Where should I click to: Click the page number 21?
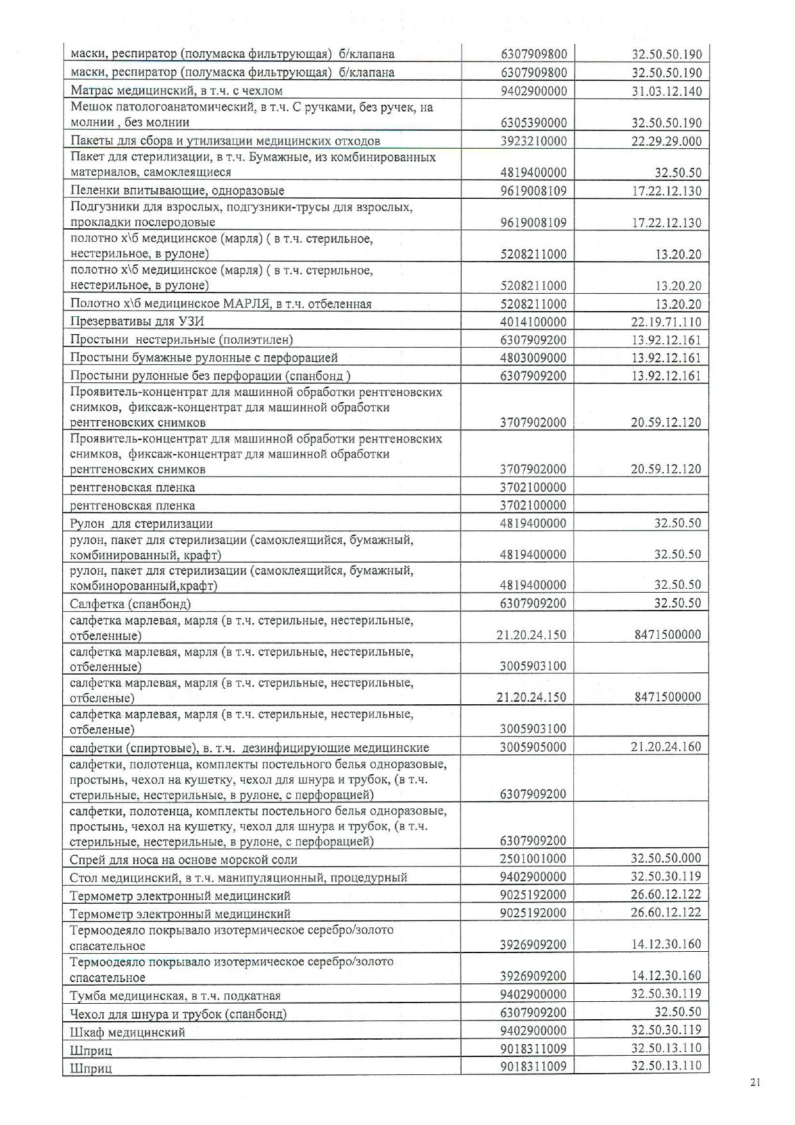click(755, 1083)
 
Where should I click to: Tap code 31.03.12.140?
click(667, 91)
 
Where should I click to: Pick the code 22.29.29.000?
click(667, 141)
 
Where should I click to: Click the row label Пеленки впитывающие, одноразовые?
click(177, 190)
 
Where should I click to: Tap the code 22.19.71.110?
click(667, 322)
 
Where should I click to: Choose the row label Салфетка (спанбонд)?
click(130, 604)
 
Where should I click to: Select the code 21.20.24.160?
click(667, 747)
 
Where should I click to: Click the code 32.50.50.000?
click(667, 858)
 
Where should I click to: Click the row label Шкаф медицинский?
click(128, 1033)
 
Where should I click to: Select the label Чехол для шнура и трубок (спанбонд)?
click(178, 1014)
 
